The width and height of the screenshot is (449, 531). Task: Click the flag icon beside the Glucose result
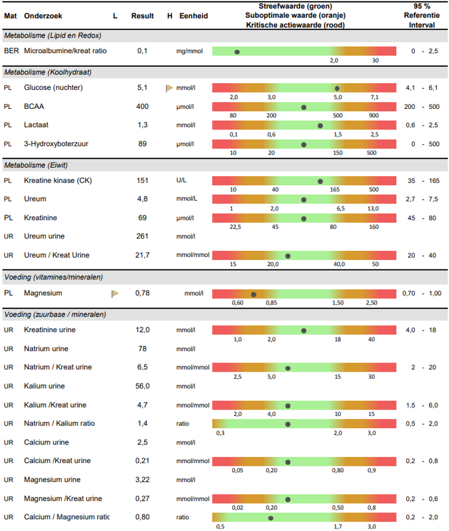coord(168,88)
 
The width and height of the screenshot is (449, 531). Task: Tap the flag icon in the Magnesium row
coord(115,293)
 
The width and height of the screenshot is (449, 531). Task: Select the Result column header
coord(143,16)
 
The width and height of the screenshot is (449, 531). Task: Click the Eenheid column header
coord(194,16)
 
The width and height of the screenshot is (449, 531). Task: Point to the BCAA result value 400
coord(143,107)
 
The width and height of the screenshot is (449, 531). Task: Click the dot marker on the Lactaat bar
coord(320,126)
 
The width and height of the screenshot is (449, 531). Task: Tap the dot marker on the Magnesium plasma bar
coord(254,294)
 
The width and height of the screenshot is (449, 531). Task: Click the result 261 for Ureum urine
coord(143,236)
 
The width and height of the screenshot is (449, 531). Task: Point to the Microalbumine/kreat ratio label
coord(65,51)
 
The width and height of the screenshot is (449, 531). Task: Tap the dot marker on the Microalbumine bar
coord(237,51)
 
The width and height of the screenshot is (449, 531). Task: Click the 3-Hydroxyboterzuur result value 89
coord(143,144)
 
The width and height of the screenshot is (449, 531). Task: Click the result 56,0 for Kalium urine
coord(143,386)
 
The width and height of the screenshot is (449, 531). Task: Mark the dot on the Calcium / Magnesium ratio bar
coord(271,518)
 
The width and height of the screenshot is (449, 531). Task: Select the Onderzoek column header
coord(43,16)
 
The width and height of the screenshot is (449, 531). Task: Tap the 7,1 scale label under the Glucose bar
coord(374,97)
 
